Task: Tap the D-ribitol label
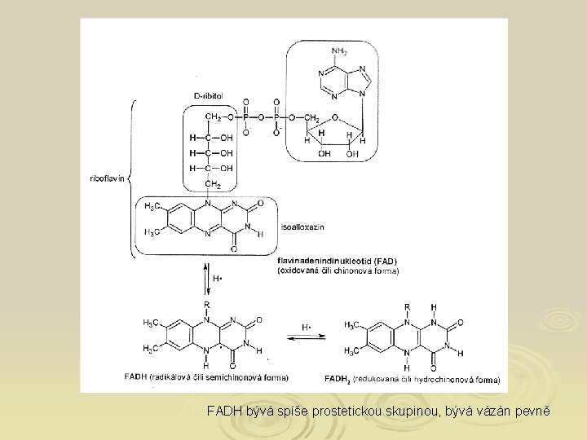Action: (x=214, y=96)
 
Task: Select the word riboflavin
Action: (x=107, y=178)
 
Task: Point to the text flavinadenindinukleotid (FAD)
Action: (x=326, y=262)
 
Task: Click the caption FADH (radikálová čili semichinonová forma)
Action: (x=206, y=377)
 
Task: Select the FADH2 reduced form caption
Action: (x=412, y=379)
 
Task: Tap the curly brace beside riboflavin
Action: (x=133, y=178)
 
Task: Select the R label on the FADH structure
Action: (x=207, y=305)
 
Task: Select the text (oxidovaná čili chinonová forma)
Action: (x=338, y=271)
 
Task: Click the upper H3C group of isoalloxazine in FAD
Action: (x=152, y=207)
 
